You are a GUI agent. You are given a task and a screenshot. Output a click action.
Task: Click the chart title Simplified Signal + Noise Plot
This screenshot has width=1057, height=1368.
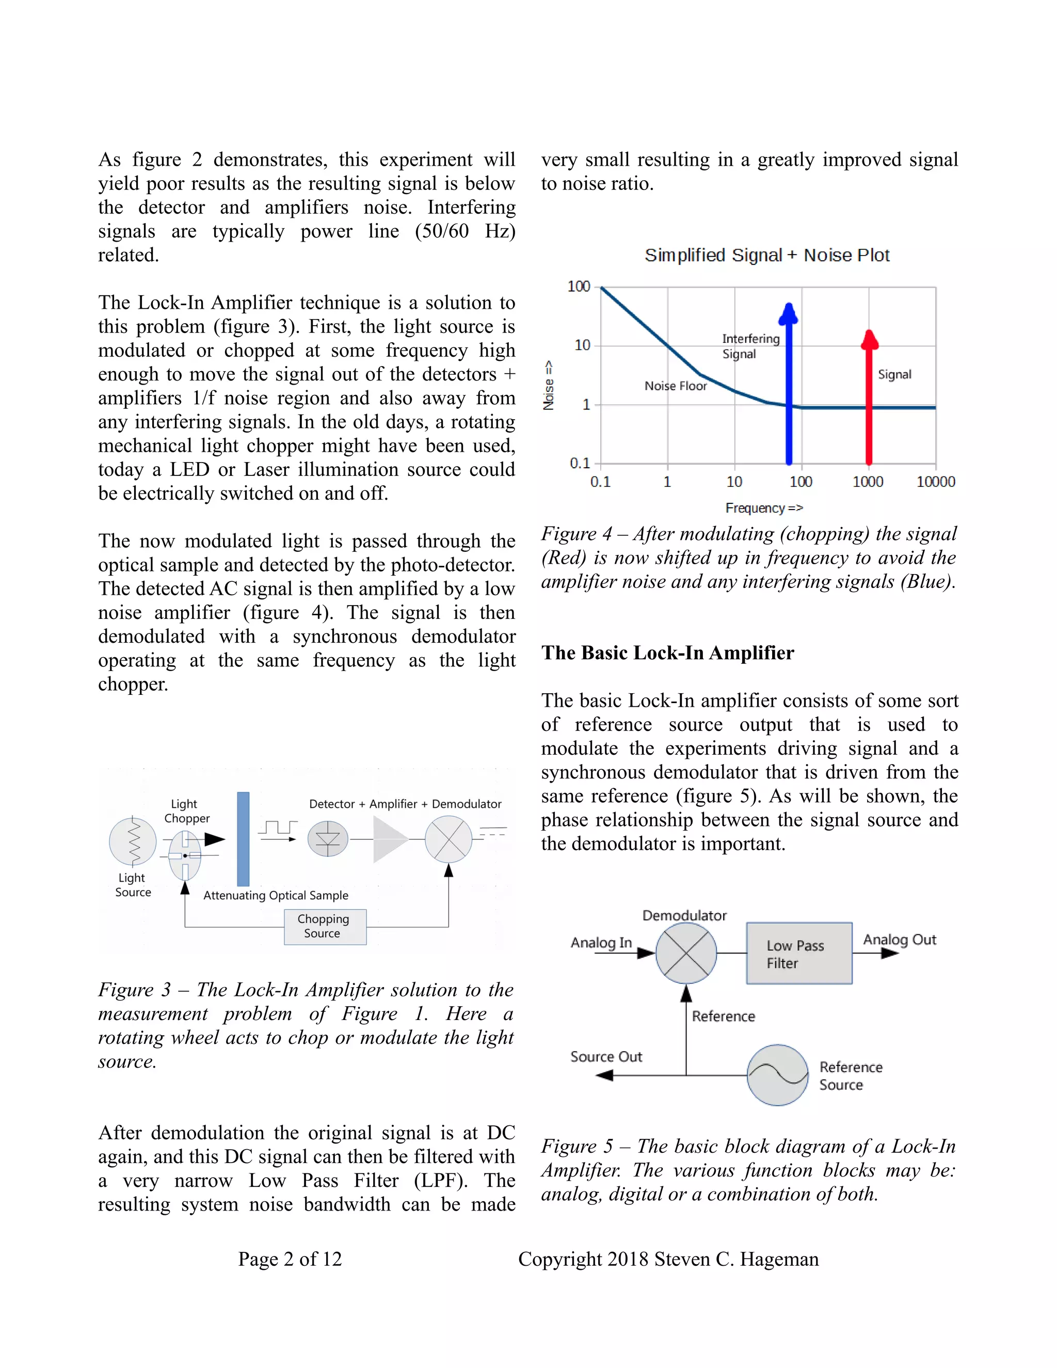(766, 256)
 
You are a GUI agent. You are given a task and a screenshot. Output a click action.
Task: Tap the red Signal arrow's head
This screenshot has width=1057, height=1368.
(869, 340)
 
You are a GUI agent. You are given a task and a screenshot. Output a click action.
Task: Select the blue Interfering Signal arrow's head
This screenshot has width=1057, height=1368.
(789, 314)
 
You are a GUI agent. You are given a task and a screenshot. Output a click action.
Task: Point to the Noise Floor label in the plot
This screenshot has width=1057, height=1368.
(675, 386)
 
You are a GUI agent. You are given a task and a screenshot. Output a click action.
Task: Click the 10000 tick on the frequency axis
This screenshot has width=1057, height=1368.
(936, 482)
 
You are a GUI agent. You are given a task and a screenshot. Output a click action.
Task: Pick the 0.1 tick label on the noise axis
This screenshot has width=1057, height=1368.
(579, 463)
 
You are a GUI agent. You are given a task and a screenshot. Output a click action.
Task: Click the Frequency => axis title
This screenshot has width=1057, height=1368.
(763, 508)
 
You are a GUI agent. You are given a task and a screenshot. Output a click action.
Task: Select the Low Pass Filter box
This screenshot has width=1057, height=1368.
(798, 953)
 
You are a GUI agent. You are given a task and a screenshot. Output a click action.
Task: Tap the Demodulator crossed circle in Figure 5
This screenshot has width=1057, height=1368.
(686, 953)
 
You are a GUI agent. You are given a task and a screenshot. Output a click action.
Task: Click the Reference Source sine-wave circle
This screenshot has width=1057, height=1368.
(778, 1075)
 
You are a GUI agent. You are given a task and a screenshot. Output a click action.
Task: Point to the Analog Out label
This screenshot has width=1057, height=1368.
(899, 940)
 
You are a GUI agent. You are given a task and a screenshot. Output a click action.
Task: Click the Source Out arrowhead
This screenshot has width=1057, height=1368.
(604, 1075)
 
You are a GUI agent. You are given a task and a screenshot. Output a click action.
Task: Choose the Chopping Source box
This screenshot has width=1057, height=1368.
(324, 927)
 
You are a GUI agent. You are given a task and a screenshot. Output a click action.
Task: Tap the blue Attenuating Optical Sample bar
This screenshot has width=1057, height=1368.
(243, 839)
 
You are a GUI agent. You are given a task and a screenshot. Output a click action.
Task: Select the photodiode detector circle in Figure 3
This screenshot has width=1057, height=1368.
(328, 839)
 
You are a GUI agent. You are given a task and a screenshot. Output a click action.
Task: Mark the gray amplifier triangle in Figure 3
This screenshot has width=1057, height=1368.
(388, 839)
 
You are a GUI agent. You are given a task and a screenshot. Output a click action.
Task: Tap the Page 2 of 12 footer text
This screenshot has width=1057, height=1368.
(290, 1259)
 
